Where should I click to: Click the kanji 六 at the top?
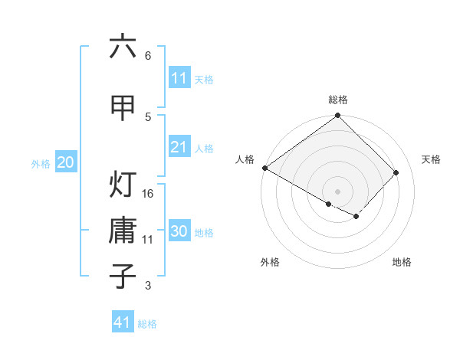[123, 47]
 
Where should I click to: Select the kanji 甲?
[123, 108]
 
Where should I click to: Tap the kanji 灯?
[123, 185]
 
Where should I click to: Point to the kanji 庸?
[123, 231]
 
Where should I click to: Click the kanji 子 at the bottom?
[123, 277]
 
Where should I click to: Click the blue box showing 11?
[179, 78]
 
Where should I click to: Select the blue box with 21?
[179, 147]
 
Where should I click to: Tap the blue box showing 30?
[179, 231]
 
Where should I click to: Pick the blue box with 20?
[66, 162]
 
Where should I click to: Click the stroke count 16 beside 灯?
[148, 193]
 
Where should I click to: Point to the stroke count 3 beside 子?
[148, 286]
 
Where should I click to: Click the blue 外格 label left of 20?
[41, 163]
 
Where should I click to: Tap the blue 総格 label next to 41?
[147, 323]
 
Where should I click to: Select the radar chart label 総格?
[337, 100]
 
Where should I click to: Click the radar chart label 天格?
[431, 159]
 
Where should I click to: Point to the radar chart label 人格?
[245, 159]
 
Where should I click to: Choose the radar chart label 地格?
[402, 262]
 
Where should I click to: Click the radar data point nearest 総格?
[337, 116]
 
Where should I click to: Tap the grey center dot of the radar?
[337, 191]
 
